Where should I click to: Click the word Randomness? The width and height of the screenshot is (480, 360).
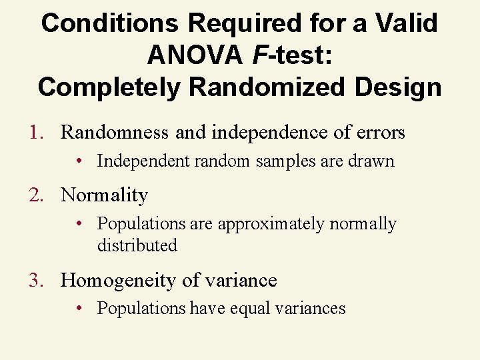[x=115, y=133]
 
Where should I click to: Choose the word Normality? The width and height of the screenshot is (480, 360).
[x=104, y=195]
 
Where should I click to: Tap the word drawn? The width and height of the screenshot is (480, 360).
[x=375, y=161]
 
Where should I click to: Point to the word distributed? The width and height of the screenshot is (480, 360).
[x=137, y=245]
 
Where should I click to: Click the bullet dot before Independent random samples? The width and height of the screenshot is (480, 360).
[x=79, y=161]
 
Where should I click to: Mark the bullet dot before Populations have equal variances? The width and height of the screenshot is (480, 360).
[x=79, y=308]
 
